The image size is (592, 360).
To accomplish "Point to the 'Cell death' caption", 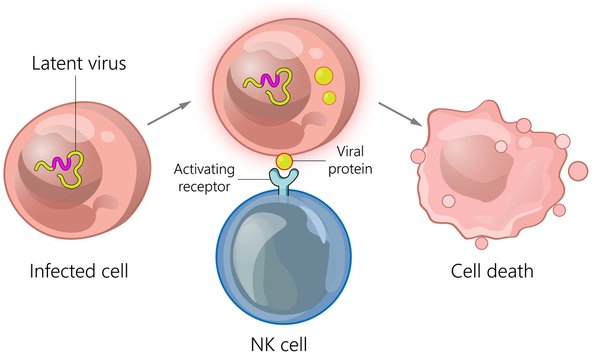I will [x=490, y=272].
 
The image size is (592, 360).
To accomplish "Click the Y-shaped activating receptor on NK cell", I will [x=284, y=185].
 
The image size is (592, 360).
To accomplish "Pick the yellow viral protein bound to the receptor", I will [x=284, y=161].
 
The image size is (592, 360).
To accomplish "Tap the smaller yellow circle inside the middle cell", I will [x=329, y=99].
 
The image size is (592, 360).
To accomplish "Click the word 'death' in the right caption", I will [x=513, y=272].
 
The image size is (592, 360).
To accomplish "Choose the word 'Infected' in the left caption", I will [x=57, y=272].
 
